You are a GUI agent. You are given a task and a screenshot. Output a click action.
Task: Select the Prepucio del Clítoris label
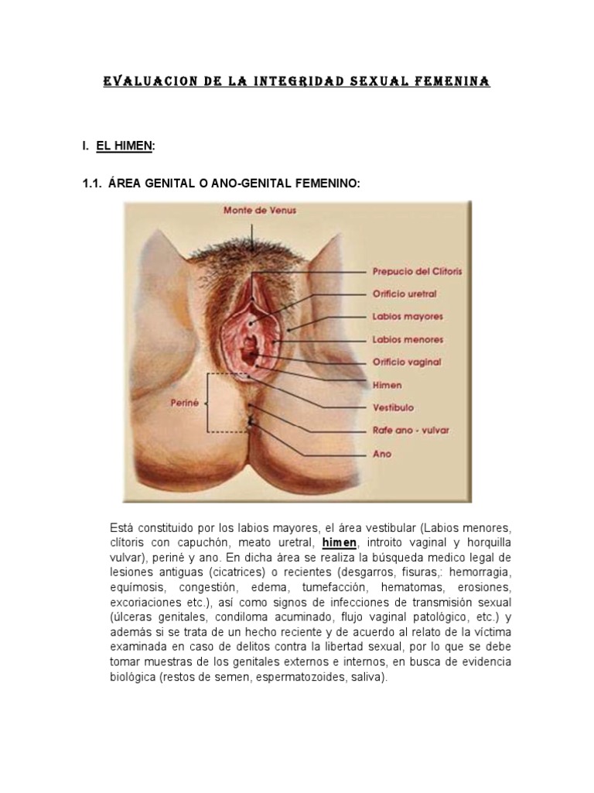point(418,272)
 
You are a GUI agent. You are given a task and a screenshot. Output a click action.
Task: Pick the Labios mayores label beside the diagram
point(407,317)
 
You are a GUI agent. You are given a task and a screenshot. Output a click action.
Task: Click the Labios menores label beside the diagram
point(408,339)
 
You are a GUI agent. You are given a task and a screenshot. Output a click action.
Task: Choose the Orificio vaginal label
point(407,362)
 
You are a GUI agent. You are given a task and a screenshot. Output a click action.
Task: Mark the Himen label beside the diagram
point(387,384)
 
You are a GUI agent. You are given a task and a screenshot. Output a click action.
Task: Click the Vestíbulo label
point(393,407)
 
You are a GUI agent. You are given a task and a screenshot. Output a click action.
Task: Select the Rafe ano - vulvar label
point(411,431)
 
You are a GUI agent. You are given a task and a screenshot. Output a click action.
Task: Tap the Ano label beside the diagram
point(382,454)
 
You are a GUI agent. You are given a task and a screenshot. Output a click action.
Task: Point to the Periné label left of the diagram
point(184,403)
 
